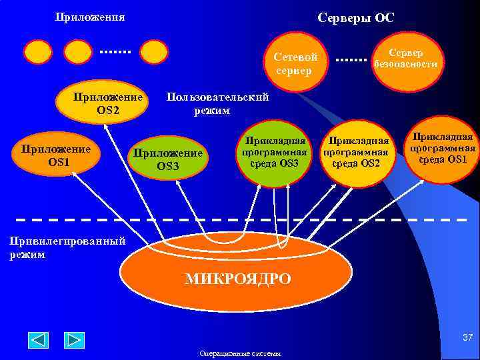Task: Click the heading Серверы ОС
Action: (x=356, y=18)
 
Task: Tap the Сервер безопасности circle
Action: (x=405, y=59)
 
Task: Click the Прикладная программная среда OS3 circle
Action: (x=275, y=153)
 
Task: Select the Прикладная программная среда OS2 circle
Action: (x=356, y=154)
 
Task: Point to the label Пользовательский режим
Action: (x=217, y=104)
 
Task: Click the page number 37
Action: (x=466, y=339)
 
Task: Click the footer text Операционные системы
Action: (x=240, y=353)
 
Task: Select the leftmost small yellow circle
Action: (x=38, y=52)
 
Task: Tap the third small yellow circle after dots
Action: (x=154, y=52)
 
